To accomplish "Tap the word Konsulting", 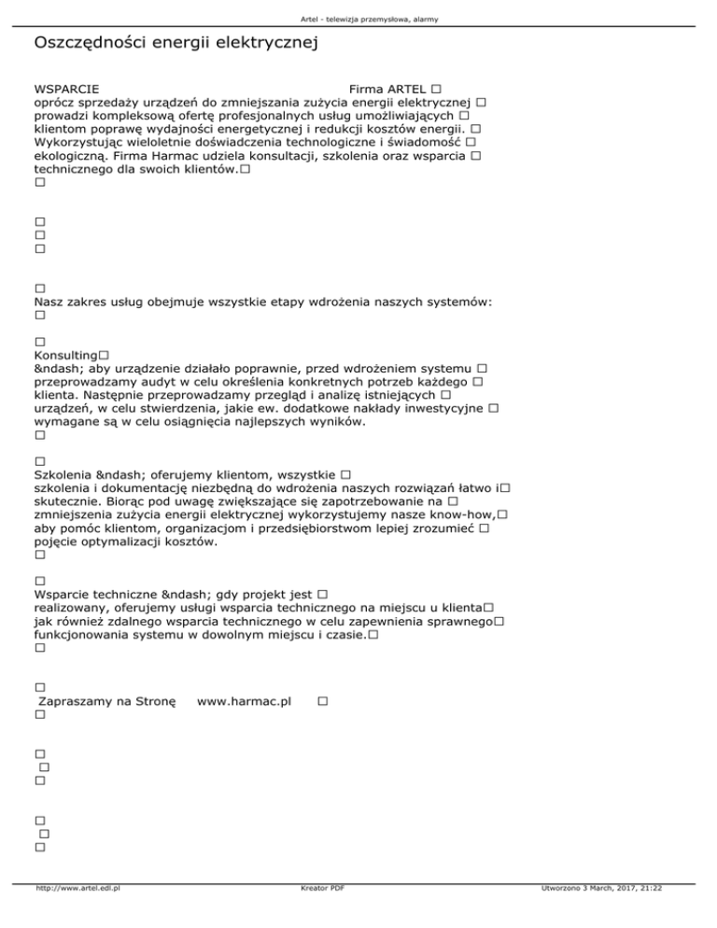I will pos(65,357).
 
